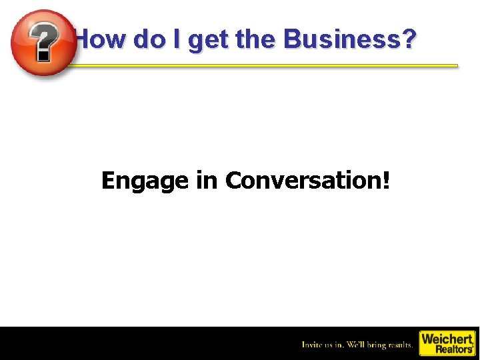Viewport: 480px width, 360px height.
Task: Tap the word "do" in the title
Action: (x=148, y=40)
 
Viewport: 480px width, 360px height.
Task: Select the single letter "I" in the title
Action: (x=176, y=40)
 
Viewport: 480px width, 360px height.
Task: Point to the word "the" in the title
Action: (x=255, y=40)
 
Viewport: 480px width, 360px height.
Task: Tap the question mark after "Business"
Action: (x=408, y=40)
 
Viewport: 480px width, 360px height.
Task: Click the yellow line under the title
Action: (x=267, y=65)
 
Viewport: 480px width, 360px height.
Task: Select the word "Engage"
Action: (x=145, y=181)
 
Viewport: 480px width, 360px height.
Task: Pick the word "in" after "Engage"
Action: (x=207, y=180)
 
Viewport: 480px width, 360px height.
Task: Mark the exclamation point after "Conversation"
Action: (x=385, y=180)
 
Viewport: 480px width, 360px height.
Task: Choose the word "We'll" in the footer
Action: (x=359, y=345)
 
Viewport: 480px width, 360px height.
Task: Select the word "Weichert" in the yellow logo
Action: (x=447, y=339)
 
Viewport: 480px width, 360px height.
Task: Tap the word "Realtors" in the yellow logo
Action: (x=453, y=349)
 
